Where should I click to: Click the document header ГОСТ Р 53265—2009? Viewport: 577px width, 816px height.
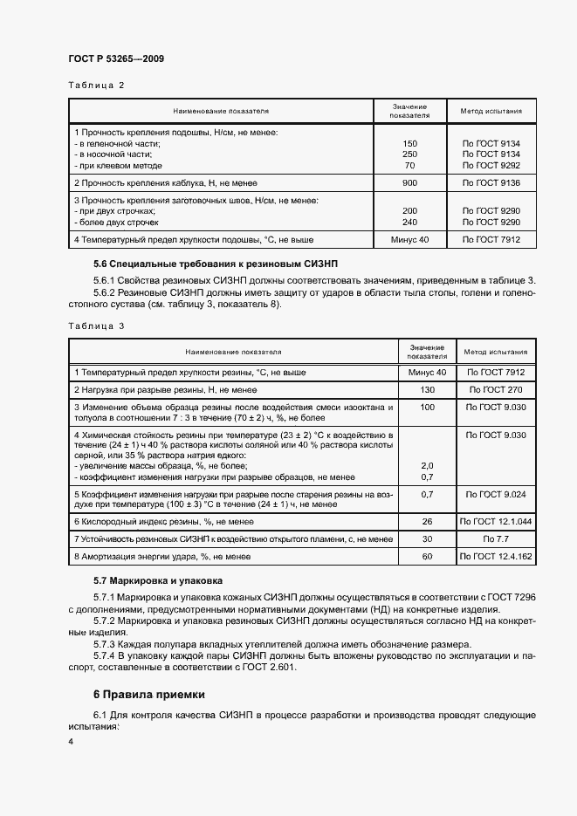(115, 58)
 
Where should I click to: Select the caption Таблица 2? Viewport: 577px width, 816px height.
(96, 86)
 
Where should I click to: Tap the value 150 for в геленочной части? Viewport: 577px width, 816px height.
(409, 143)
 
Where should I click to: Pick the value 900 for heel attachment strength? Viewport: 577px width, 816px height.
(409, 183)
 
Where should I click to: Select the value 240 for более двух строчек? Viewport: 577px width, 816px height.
(409, 222)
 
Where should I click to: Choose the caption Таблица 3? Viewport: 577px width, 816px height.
(96, 326)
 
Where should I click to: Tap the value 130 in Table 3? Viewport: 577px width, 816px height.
(428, 389)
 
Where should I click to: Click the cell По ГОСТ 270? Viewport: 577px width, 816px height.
(496, 389)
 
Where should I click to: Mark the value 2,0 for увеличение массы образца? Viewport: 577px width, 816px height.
(428, 466)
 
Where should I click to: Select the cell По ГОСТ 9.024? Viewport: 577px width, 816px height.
(496, 494)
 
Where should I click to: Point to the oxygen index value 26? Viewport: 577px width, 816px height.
(428, 521)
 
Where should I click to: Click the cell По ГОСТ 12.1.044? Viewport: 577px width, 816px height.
(496, 521)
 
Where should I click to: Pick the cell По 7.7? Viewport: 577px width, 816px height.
(496, 538)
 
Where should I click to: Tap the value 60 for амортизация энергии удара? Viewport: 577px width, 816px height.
(428, 556)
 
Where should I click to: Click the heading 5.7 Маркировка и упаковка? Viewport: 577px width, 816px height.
(158, 579)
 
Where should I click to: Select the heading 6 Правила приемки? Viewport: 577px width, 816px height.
(148, 695)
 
